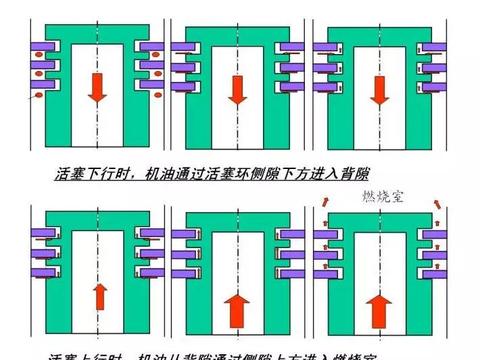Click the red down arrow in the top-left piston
click(x=97, y=90)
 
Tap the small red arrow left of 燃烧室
click(x=325, y=207)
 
